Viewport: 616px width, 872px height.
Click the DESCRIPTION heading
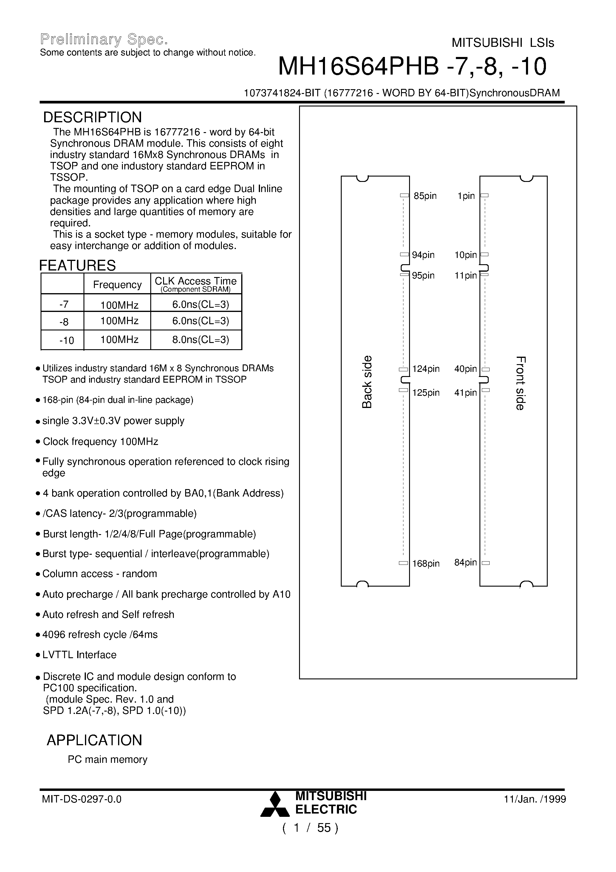(92, 117)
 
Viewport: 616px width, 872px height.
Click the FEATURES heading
(78, 265)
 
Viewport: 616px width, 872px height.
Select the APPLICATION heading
(94, 740)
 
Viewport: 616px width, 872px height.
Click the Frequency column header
(117, 285)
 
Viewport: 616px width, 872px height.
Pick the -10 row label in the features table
(66, 340)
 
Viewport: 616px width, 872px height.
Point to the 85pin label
(425, 196)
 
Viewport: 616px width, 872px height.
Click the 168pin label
(426, 564)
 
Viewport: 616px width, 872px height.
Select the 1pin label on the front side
(466, 196)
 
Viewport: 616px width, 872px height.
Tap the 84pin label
(465, 562)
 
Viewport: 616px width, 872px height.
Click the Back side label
(367, 382)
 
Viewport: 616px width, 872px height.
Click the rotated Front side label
(520, 383)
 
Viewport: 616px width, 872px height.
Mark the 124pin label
(426, 369)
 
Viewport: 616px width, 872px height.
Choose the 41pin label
(465, 393)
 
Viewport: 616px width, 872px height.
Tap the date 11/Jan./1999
(535, 799)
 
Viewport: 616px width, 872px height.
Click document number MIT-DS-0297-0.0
(82, 799)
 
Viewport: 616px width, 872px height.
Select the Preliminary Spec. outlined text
(104, 39)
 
